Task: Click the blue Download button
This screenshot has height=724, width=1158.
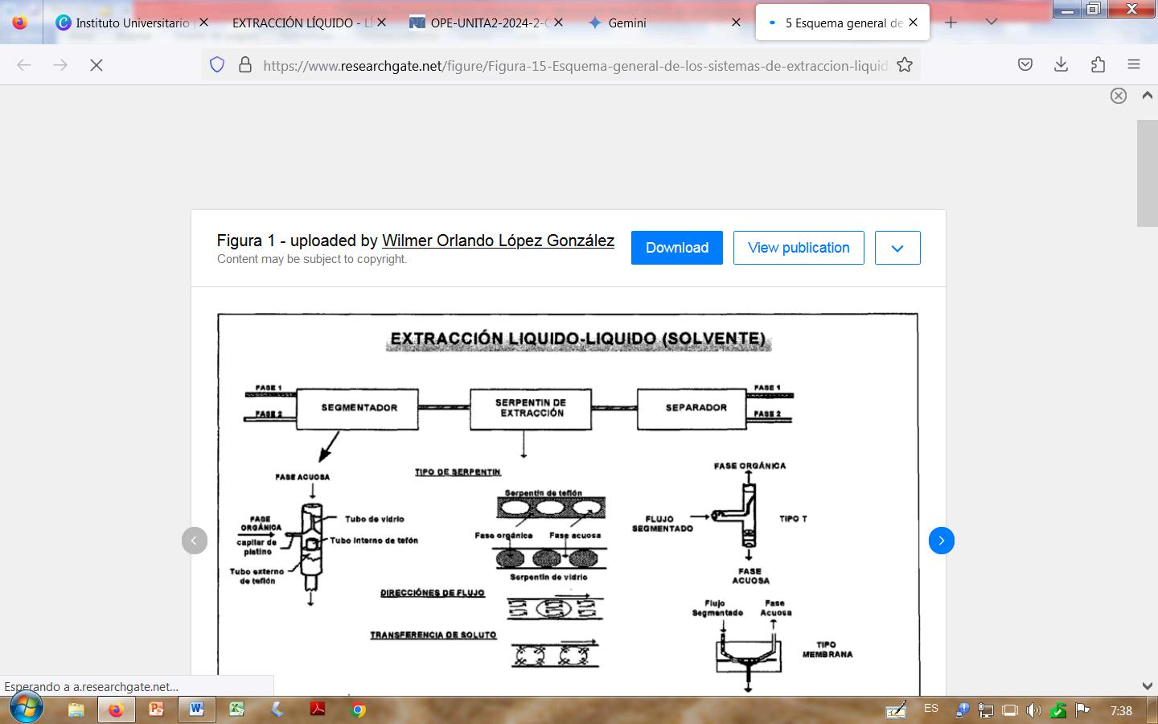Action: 676,248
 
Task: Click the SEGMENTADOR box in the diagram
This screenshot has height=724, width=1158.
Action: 359,408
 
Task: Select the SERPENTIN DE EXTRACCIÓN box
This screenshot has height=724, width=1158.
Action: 531,408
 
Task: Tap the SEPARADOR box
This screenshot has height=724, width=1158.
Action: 696,408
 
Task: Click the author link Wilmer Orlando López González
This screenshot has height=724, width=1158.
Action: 498,241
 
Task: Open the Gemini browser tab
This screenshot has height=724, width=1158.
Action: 627,23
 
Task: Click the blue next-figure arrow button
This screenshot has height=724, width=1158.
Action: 941,541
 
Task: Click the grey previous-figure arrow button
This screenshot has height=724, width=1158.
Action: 195,541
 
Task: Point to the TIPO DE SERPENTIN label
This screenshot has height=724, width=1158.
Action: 458,472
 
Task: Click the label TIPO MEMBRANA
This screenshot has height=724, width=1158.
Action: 827,649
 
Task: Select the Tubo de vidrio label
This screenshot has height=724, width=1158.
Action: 374,519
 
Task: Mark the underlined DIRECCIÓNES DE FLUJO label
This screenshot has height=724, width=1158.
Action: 433,593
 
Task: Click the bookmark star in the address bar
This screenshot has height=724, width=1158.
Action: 905,65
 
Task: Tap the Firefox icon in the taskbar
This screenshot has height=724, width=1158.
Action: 117,710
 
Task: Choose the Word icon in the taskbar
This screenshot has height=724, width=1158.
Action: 196,710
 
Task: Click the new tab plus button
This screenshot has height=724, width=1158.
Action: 951,23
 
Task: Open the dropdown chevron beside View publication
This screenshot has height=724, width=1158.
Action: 897,248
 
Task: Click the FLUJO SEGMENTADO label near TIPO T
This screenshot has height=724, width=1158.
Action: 662,524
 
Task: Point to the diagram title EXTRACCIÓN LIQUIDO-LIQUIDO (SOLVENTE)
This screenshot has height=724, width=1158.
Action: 577,339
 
